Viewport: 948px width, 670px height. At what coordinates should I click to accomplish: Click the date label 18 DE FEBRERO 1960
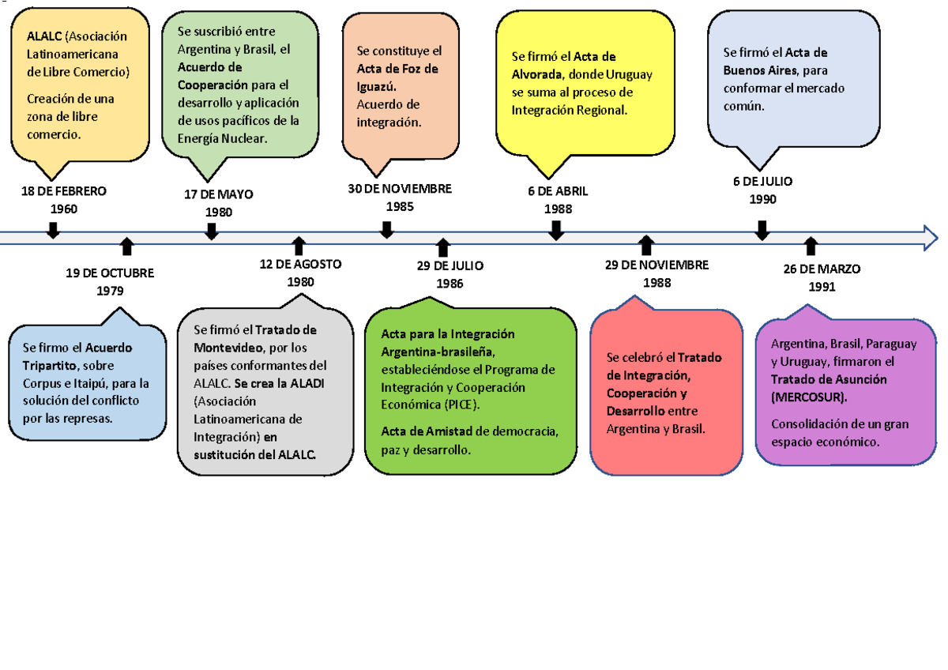(64, 200)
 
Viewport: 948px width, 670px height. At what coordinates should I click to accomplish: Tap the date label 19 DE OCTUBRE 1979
(110, 281)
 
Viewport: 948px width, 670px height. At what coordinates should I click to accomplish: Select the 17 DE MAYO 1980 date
(218, 203)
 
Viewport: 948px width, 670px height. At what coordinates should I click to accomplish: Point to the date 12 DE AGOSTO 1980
(300, 273)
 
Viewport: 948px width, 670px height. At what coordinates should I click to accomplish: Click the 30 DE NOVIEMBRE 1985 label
(400, 198)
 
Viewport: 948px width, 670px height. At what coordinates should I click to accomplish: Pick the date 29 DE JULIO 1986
(450, 275)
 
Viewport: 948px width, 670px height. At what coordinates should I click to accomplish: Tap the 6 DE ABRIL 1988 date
(558, 200)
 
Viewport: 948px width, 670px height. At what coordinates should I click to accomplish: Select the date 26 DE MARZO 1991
(822, 278)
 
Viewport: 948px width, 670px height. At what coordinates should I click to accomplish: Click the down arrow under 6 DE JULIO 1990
(762, 231)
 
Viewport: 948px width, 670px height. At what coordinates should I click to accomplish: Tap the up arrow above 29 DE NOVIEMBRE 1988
(646, 246)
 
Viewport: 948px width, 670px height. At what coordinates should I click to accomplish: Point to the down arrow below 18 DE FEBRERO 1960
(53, 231)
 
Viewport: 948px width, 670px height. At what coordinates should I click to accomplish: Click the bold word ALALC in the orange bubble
(44, 36)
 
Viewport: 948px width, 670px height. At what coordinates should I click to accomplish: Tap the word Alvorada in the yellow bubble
(537, 74)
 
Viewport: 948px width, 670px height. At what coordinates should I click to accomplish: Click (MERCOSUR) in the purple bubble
(809, 397)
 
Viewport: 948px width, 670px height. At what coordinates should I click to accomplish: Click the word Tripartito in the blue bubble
(50, 366)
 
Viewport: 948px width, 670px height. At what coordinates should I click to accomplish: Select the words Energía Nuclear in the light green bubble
(223, 139)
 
